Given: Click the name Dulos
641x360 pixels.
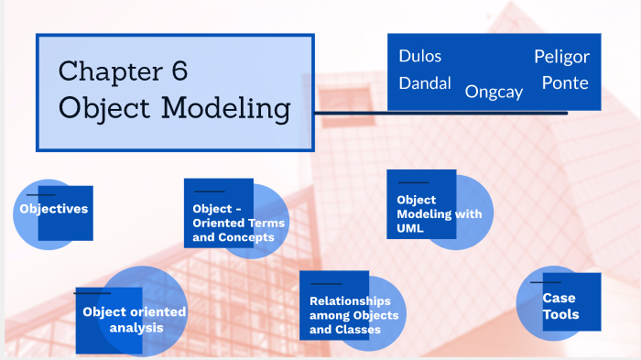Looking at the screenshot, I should [419, 56].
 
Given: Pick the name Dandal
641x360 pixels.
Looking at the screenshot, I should [425, 83].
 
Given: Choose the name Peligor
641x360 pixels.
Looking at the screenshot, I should [561, 57].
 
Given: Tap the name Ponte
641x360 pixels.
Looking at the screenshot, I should [565, 83].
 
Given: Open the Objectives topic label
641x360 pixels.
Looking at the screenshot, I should [54, 209].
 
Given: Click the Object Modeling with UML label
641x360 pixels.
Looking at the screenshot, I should [439, 213].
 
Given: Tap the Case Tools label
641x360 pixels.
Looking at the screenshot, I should [560, 307].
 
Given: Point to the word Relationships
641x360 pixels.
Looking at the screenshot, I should [350, 300].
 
